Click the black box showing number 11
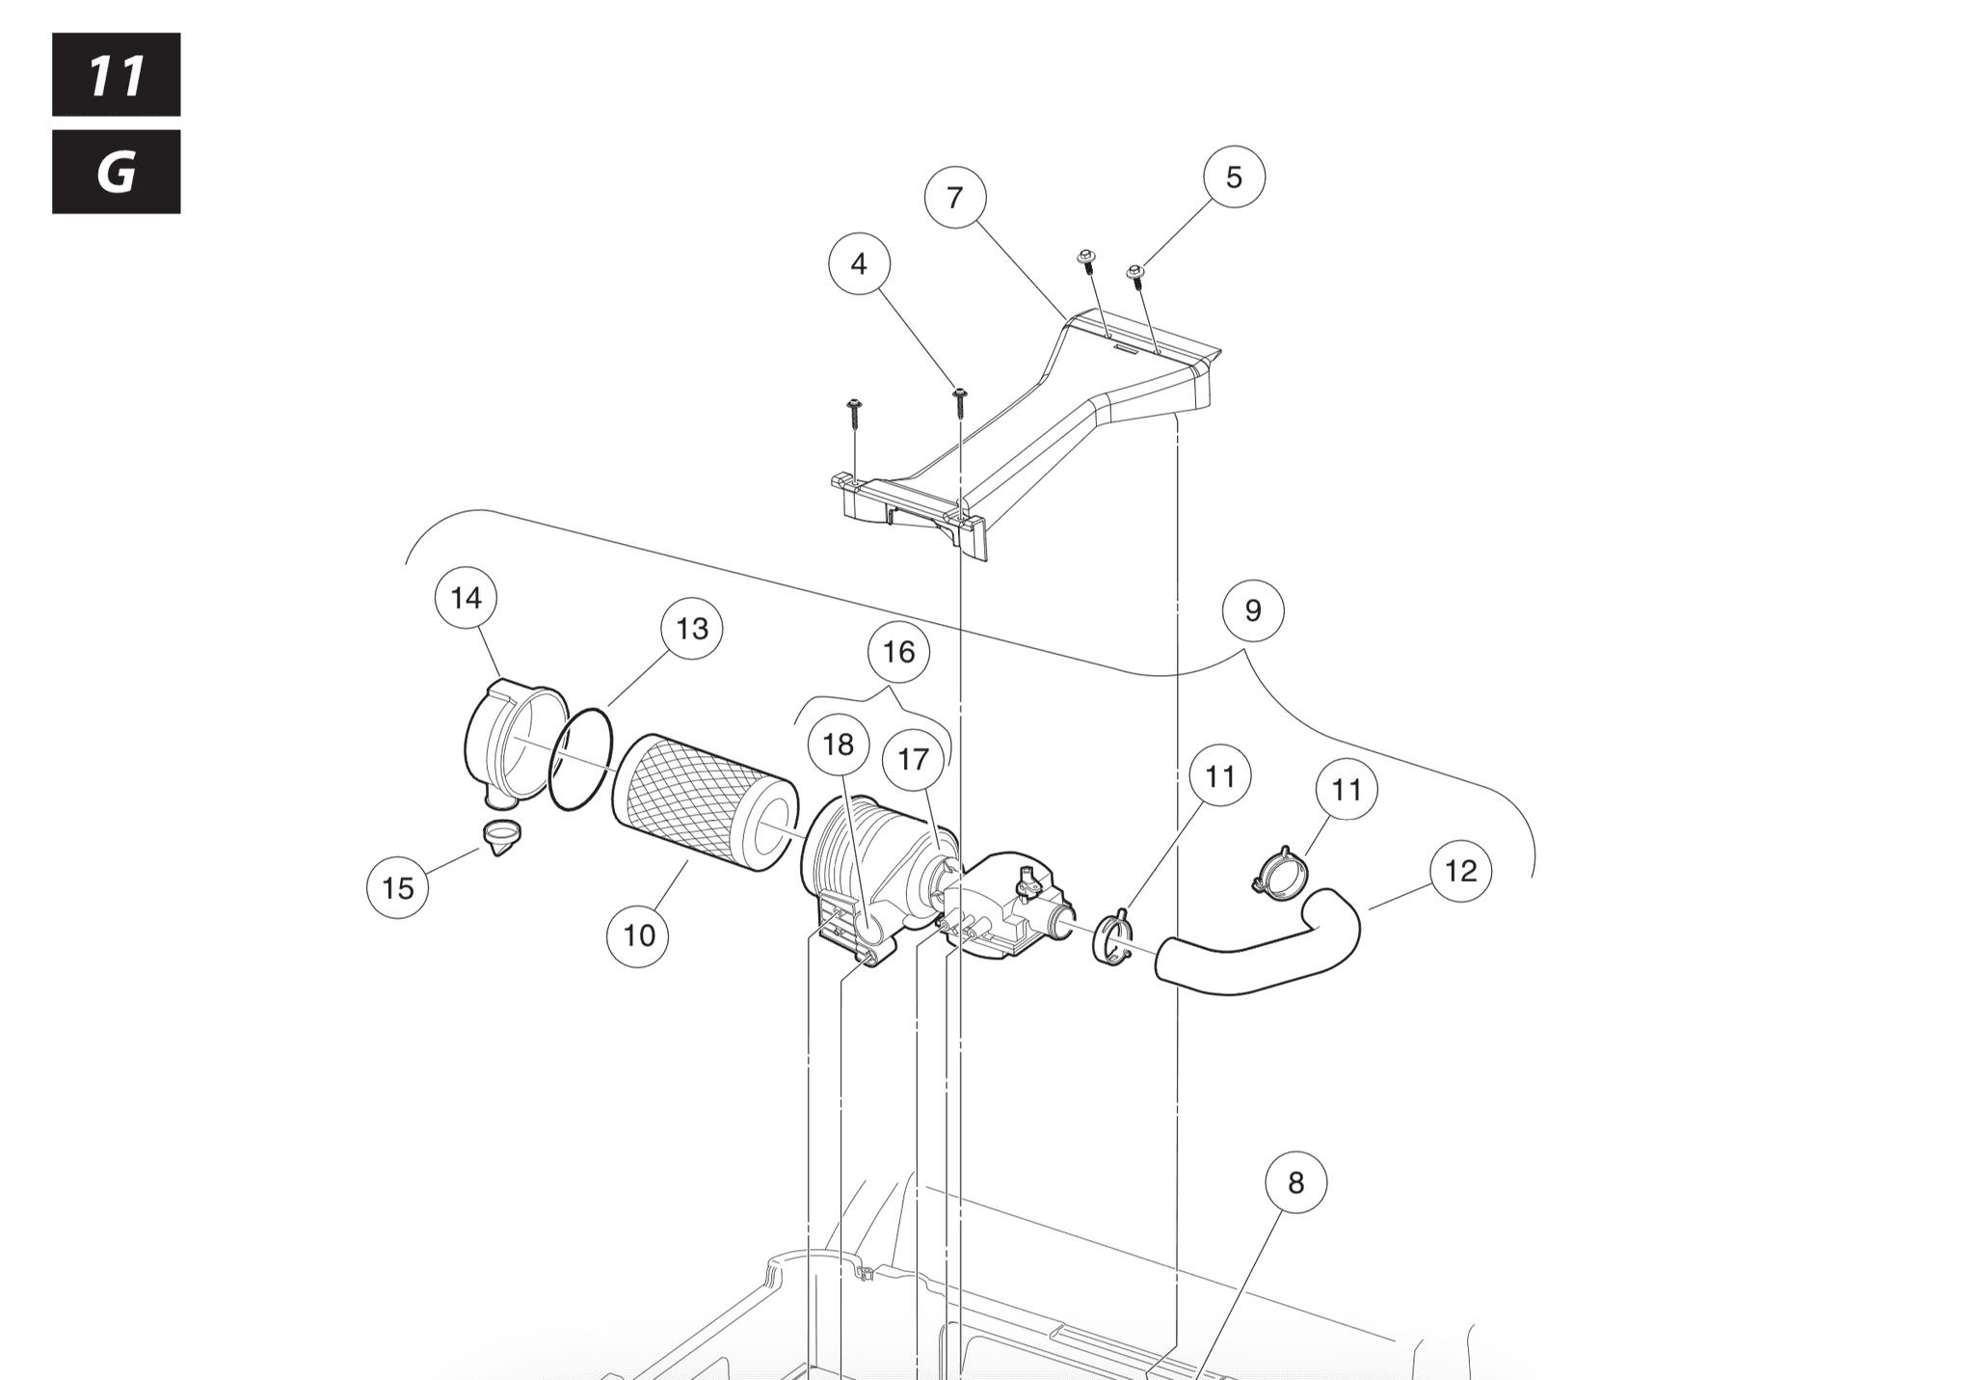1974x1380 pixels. coord(116,75)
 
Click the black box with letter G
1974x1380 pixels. coord(116,172)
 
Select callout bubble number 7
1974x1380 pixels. coord(954,198)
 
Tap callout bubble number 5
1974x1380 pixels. coord(1234,177)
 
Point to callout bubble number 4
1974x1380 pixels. coord(859,264)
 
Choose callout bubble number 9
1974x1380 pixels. coord(1252,610)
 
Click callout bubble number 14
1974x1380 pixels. coord(466,598)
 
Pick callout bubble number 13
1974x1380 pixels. coord(692,629)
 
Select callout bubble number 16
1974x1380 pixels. coord(898,652)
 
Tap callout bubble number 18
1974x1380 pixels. coord(839,744)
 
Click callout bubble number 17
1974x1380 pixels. coord(913,760)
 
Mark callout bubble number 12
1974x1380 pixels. coord(1460,872)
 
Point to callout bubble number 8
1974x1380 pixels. coord(1295,1182)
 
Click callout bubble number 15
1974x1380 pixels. coord(398,887)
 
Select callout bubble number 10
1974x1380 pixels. coord(639,935)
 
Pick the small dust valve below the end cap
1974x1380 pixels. coord(500,835)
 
